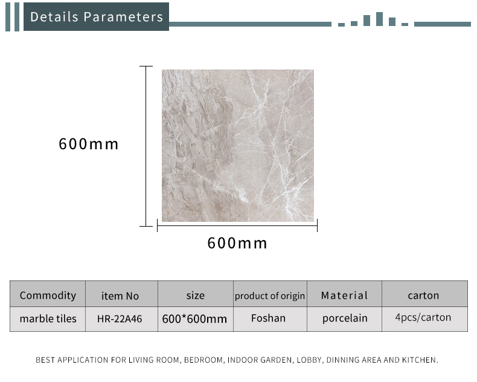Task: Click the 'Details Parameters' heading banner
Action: (x=96, y=17)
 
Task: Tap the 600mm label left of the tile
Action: (x=89, y=144)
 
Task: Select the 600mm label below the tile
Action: (x=237, y=243)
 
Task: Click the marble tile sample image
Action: (x=237, y=146)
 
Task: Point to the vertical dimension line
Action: (x=146, y=146)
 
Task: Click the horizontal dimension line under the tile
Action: (x=237, y=225)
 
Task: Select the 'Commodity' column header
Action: (x=48, y=296)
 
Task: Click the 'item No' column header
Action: (x=120, y=296)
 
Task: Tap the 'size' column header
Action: (x=195, y=296)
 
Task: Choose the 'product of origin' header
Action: (x=270, y=296)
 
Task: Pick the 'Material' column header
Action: (x=344, y=296)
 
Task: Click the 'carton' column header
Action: (x=423, y=296)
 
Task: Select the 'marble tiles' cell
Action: (x=48, y=319)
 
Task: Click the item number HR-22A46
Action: (x=120, y=319)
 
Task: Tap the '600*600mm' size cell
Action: (x=194, y=319)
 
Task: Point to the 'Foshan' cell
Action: (x=268, y=318)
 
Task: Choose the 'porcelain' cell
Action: (x=345, y=319)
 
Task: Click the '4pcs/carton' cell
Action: (x=423, y=317)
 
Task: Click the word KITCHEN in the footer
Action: (x=420, y=360)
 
